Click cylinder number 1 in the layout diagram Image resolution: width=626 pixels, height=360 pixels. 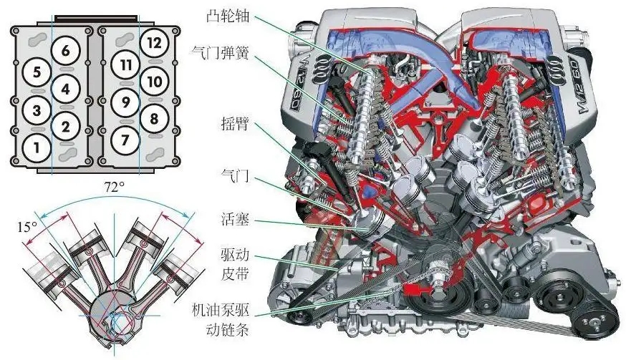point(37,147)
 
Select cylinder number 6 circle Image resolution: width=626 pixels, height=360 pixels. point(66,51)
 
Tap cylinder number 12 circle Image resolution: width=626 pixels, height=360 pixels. point(154,43)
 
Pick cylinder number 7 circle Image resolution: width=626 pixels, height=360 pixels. point(125,140)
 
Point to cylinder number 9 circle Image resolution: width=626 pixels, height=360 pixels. point(125,102)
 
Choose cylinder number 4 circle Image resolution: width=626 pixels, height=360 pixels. point(66,89)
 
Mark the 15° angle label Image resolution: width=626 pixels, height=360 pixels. point(27,227)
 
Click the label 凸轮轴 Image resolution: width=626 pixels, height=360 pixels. point(228,15)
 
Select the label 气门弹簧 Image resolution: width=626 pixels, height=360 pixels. point(221,52)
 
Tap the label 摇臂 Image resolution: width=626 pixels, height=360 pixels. point(235,124)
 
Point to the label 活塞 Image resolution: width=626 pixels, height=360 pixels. point(235,219)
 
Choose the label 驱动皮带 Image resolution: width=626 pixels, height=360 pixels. point(235,264)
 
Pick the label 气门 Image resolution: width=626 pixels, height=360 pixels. point(235,175)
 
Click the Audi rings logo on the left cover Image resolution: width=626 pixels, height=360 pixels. point(322,69)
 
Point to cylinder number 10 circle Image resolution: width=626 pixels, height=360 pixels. point(154,82)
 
